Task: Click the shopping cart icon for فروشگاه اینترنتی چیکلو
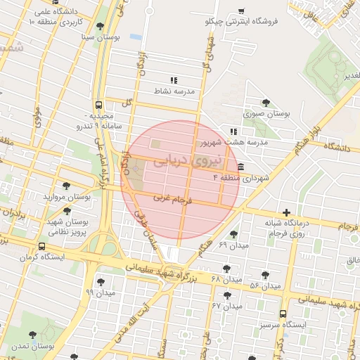(x=241, y=11)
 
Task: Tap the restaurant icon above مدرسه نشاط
(x=174, y=80)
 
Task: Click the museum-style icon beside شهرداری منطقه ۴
(x=241, y=167)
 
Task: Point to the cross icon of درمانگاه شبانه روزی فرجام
(x=285, y=212)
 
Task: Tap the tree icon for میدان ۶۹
(x=233, y=234)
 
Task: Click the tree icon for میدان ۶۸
(x=226, y=268)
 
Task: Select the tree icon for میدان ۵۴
(x=265, y=275)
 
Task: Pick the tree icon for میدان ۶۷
(x=226, y=295)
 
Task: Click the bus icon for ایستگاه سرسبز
(x=283, y=314)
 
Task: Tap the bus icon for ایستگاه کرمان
(x=43, y=247)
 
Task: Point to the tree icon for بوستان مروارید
(x=65, y=186)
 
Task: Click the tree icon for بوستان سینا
(x=100, y=26)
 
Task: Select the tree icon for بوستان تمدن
(x=34, y=335)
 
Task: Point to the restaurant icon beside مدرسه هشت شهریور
(x=233, y=131)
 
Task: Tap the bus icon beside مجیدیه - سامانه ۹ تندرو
(x=99, y=103)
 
